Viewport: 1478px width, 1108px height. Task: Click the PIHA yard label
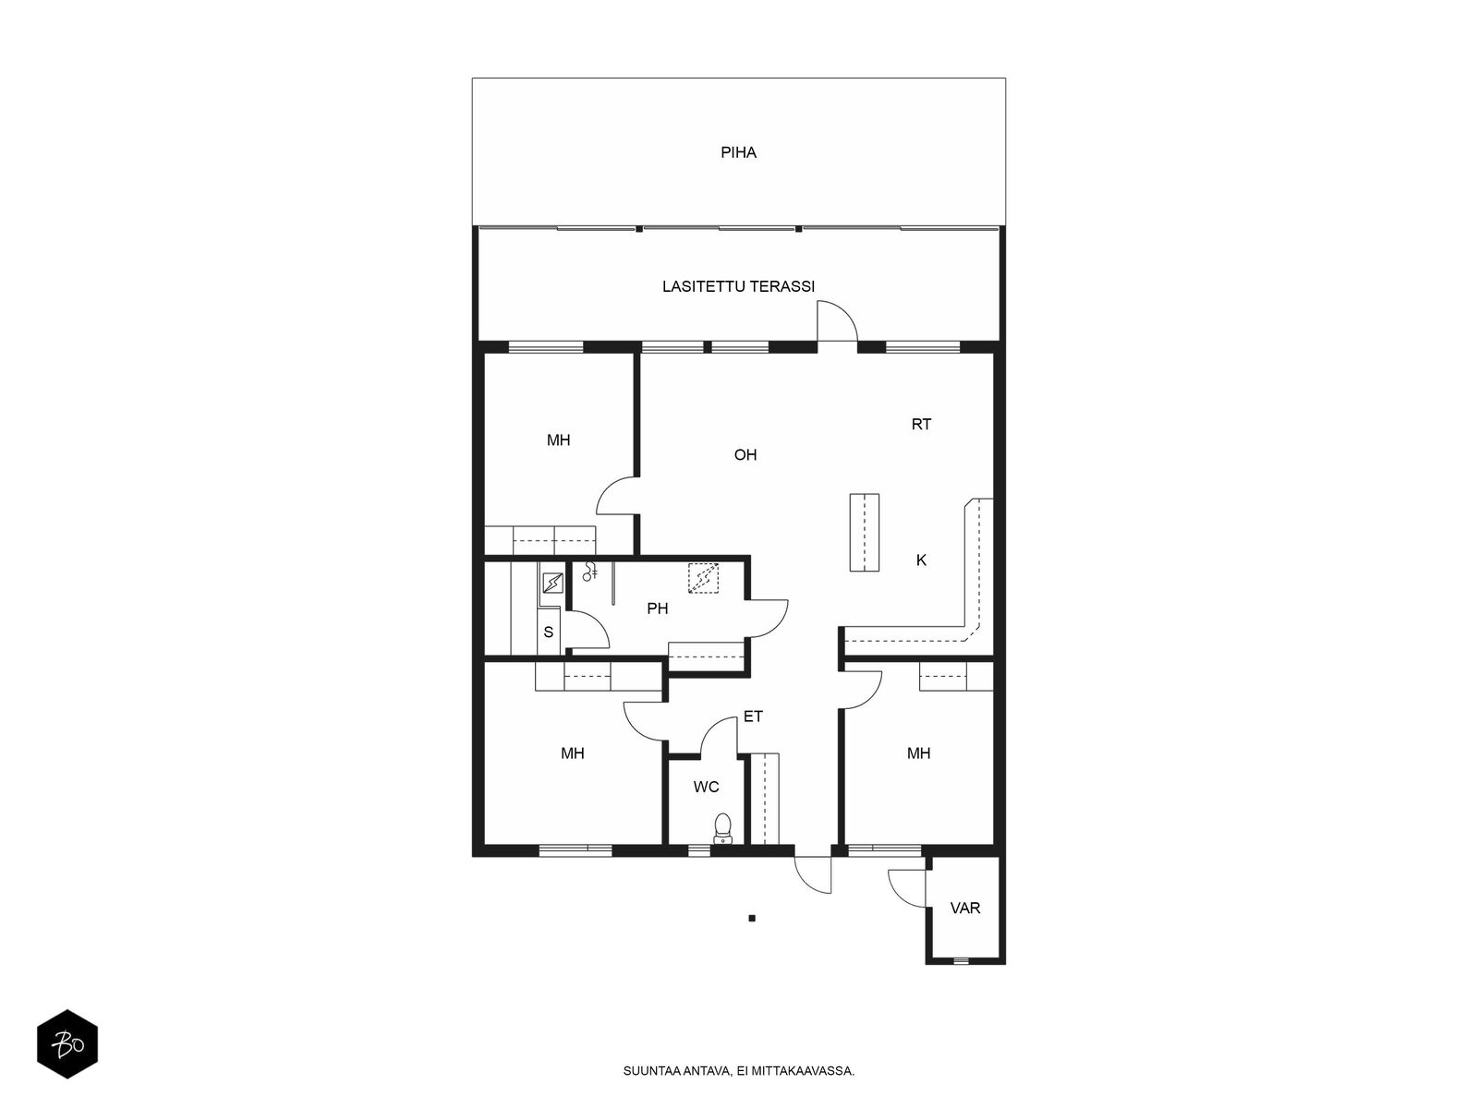click(x=738, y=152)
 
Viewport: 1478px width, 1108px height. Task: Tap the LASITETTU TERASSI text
click(x=738, y=286)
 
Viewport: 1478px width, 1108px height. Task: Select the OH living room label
click(x=745, y=455)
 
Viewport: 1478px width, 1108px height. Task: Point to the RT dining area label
click(x=920, y=425)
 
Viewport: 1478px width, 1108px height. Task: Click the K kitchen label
click(x=921, y=560)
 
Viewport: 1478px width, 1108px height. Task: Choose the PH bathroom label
click(x=657, y=608)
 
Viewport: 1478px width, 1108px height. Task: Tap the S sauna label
click(x=548, y=632)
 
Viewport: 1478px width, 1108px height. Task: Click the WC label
click(x=706, y=787)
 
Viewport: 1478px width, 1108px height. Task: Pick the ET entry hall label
click(x=753, y=717)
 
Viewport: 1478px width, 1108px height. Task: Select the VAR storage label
click(x=964, y=909)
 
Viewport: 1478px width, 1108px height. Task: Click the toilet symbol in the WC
click(x=722, y=828)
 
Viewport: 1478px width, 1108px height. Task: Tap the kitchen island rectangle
click(x=864, y=532)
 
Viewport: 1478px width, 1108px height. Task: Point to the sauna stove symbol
click(x=552, y=583)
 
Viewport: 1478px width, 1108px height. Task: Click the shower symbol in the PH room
click(x=589, y=572)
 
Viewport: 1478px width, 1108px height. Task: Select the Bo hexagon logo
click(x=67, y=1044)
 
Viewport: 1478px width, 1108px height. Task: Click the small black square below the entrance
click(x=752, y=919)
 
